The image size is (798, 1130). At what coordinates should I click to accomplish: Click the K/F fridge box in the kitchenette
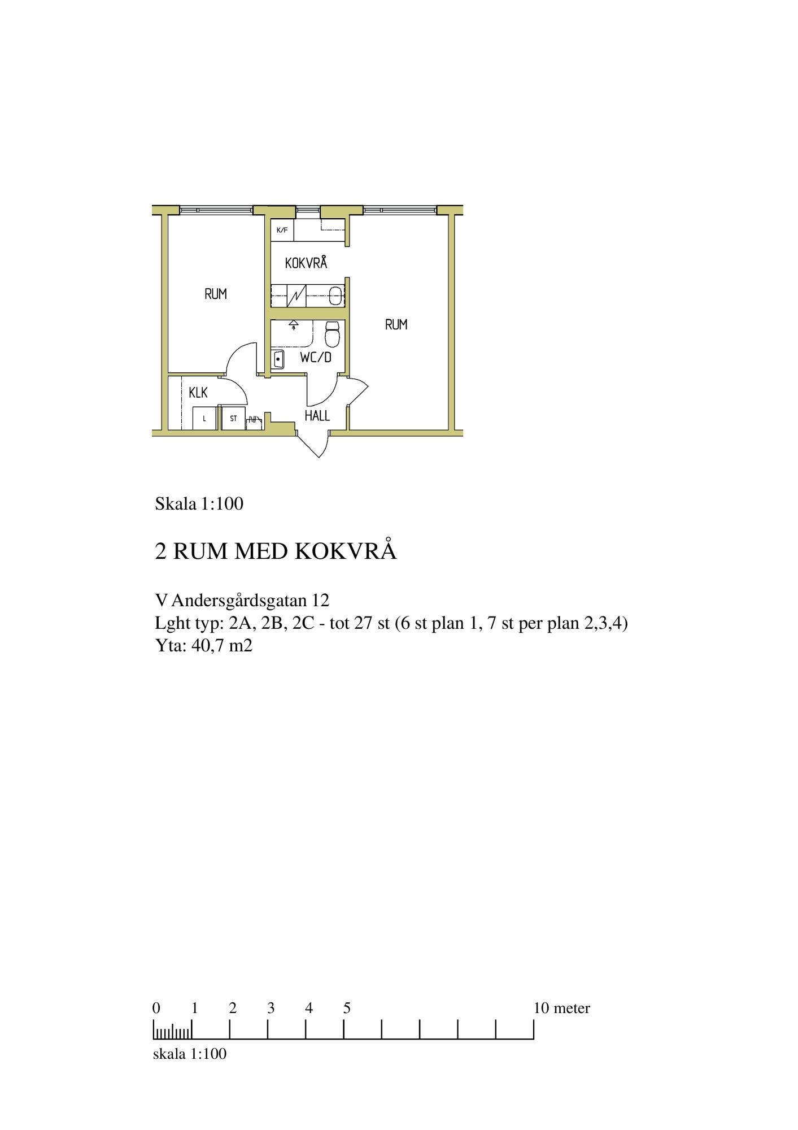coord(282,230)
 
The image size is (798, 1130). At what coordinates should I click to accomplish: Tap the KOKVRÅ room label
coord(306,263)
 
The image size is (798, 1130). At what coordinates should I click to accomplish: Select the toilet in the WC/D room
coord(332,334)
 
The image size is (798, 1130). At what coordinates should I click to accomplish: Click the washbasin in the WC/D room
coord(278,359)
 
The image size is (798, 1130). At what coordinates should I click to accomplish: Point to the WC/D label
coord(315,357)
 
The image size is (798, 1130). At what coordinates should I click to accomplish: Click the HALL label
coord(317,416)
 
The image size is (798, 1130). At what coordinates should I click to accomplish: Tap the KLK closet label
coord(198,392)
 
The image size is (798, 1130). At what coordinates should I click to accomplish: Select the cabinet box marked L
coord(204,419)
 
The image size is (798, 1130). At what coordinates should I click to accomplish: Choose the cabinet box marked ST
coord(233,419)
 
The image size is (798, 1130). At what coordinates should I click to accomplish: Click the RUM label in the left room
coord(216,294)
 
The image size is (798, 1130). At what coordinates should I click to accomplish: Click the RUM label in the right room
coord(396,324)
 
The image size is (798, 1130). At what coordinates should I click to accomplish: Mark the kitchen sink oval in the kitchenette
coord(335,295)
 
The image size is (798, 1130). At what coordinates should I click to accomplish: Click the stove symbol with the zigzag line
coord(296,295)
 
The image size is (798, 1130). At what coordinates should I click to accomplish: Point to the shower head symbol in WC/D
coord(294,325)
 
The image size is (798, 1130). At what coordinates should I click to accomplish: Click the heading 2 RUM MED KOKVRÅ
coord(276,551)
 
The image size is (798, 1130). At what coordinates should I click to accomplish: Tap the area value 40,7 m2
coord(222,645)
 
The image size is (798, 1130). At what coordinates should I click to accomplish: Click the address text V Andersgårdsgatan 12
coord(242,600)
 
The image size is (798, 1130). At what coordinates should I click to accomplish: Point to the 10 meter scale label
coord(562,1008)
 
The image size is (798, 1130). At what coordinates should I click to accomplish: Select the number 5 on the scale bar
coord(347,1008)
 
